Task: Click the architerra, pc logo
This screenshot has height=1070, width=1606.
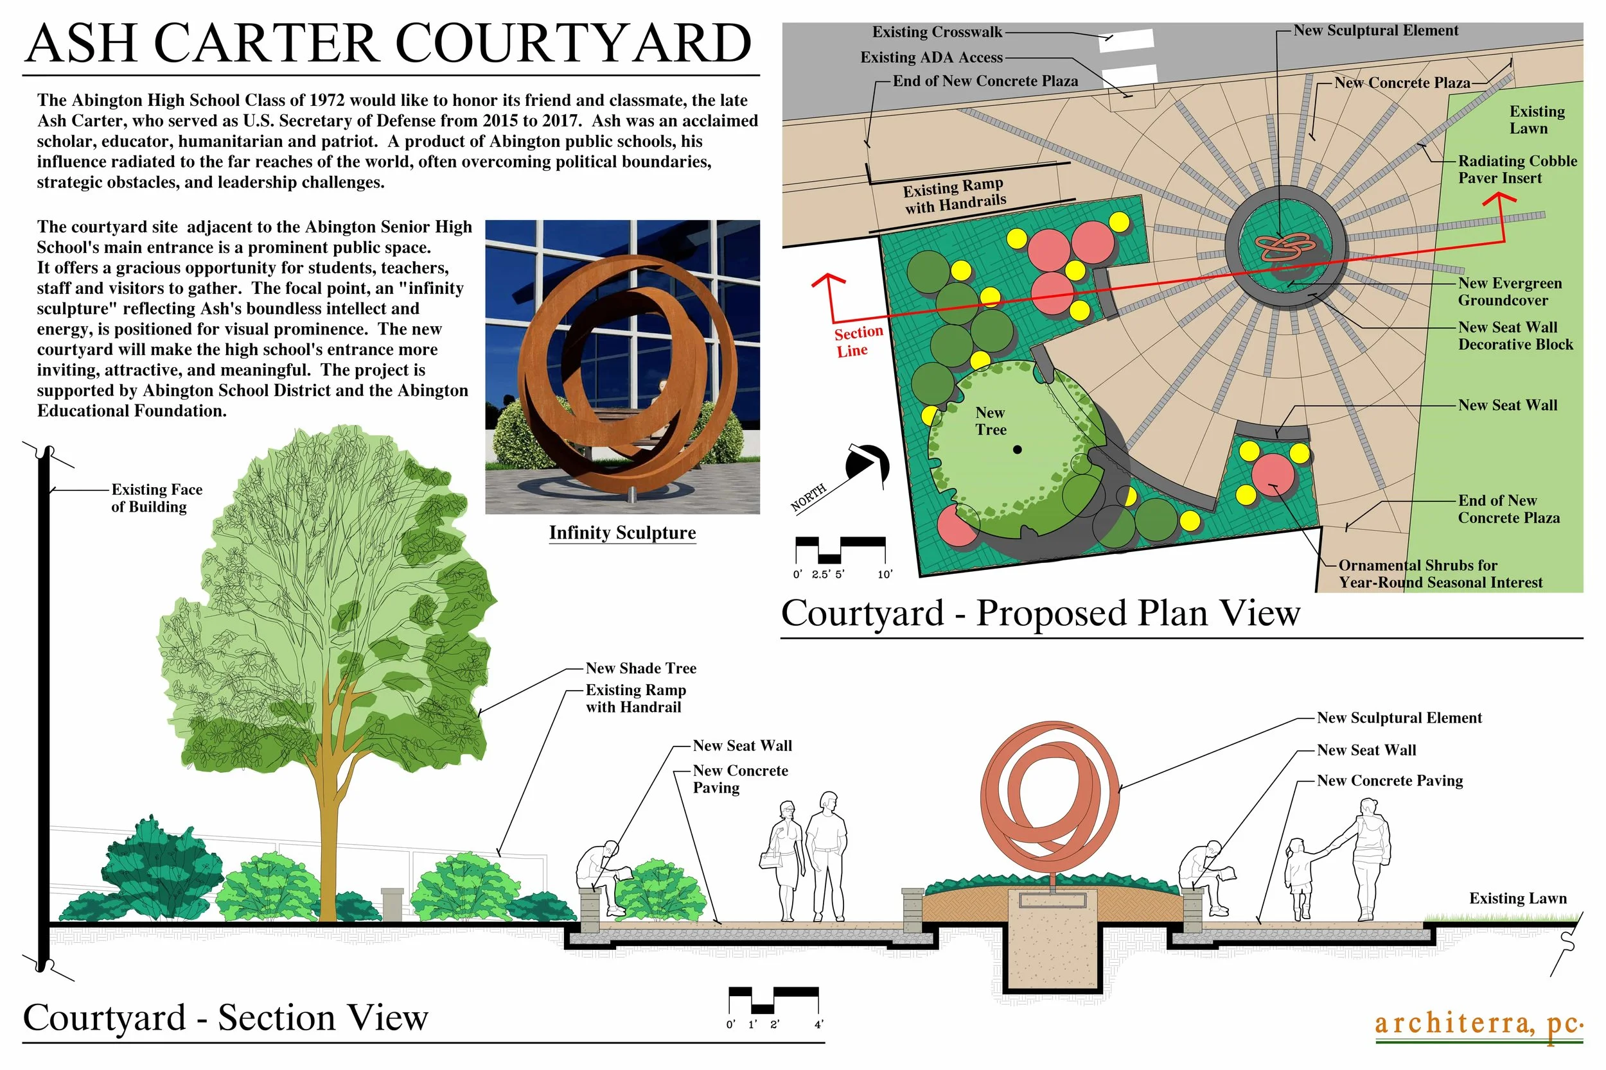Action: pyautogui.click(x=1478, y=1024)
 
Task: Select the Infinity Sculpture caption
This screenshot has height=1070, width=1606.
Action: pyautogui.click(x=622, y=533)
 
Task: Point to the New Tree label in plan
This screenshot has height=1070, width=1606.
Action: pyautogui.click(x=990, y=421)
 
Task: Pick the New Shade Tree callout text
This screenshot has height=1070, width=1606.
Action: pyautogui.click(x=640, y=668)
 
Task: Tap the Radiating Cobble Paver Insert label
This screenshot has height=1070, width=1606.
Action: pyautogui.click(x=1517, y=169)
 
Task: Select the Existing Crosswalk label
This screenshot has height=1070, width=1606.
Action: pyautogui.click(x=937, y=32)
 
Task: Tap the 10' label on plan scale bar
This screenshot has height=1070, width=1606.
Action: pyautogui.click(x=885, y=574)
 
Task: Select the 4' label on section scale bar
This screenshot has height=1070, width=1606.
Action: pyautogui.click(x=818, y=1024)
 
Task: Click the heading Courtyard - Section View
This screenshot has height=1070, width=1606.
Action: pyautogui.click(x=225, y=1018)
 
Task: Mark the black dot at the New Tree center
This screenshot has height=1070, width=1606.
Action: pyautogui.click(x=1018, y=449)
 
